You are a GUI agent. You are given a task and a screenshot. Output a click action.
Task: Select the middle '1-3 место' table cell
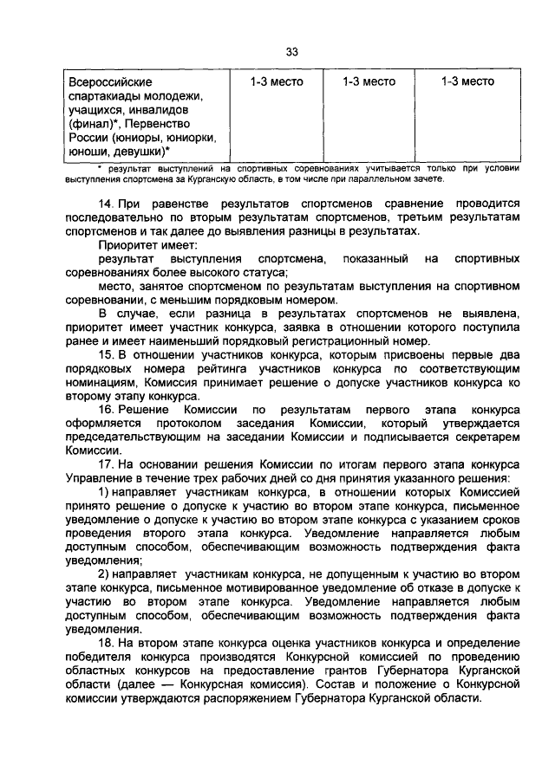(369, 81)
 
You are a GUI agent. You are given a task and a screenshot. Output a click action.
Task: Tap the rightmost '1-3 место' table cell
(467, 81)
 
